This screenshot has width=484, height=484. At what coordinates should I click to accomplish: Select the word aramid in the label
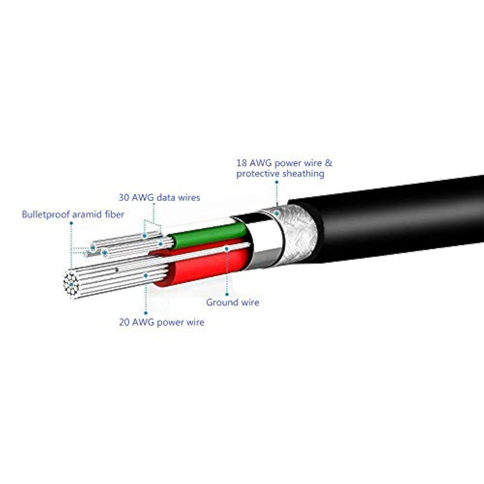[85, 214]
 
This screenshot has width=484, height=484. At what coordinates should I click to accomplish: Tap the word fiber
[114, 214]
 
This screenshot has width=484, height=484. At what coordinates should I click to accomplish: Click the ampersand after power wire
[329, 163]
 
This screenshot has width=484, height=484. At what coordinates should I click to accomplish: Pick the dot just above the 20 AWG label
[146, 276]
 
